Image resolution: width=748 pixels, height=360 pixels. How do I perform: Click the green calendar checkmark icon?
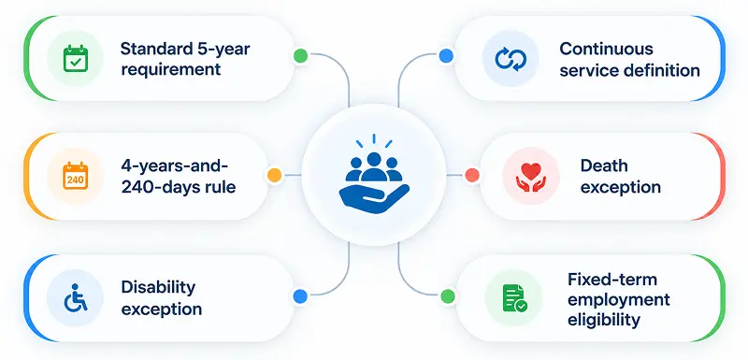click(76, 58)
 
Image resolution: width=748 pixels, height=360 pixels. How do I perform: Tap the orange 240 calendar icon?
click(76, 176)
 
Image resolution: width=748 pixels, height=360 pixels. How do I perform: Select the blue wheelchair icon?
click(76, 297)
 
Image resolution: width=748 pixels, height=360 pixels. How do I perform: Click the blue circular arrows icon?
click(511, 58)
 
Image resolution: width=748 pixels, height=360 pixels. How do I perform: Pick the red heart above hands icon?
click(531, 177)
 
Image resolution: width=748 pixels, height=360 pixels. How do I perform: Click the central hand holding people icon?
click(374, 175)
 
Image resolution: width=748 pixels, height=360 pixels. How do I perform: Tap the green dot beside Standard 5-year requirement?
click(300, 56)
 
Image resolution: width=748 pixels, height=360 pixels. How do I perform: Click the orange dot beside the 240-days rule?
click(274, 175)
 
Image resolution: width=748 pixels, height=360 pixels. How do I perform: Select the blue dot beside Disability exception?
click(300, 296)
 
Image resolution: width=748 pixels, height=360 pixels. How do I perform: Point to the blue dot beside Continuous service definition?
click(446, 56)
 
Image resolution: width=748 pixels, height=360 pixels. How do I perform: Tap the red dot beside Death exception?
click(472, 175)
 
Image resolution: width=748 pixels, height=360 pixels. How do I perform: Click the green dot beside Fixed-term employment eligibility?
click(448, 296)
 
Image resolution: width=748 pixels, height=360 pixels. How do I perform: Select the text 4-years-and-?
click(175, 167)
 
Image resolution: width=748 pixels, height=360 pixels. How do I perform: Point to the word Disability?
click(158, 288)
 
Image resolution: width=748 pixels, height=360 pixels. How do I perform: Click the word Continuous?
click(606, 49)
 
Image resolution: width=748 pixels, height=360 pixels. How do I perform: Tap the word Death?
click(604, 166)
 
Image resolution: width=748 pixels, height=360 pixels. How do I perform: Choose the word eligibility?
click(604, 320)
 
